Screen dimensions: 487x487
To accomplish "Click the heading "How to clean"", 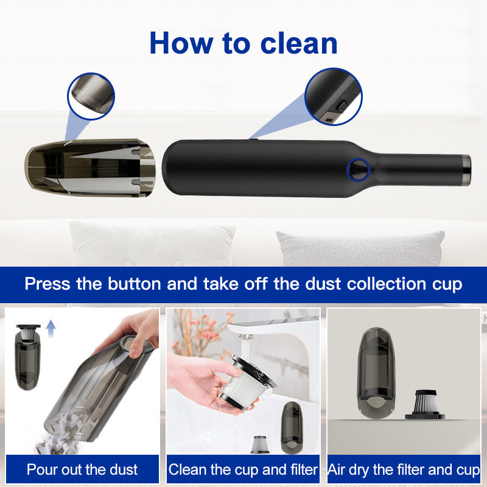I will click(243, 43).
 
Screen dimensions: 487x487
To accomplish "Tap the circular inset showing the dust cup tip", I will click(91, 96).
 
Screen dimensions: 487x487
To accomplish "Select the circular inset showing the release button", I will click(333, 96).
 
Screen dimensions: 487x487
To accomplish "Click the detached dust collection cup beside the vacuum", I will click(90, 168).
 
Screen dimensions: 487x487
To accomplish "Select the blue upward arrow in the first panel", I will click(51, 329).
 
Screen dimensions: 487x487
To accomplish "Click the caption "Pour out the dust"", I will click(82, 469).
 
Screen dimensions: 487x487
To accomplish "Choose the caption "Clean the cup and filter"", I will click(243, 469).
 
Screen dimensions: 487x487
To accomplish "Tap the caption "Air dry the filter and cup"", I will click(404, 469).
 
